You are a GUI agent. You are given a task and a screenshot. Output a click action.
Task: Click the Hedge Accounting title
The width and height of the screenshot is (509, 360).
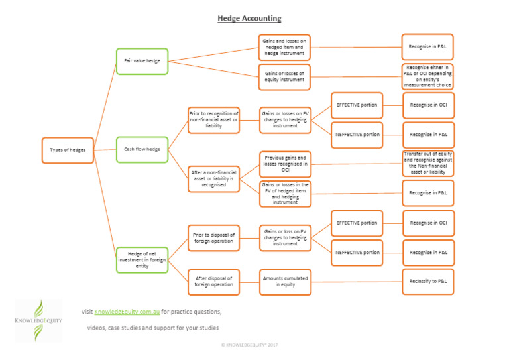pyautogui.click(x=249, y=19)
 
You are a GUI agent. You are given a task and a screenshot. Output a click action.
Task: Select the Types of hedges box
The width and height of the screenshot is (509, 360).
pyautogui.click(x=68, y=150)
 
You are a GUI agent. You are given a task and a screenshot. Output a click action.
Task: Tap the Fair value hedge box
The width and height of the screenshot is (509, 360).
pyautogui.click(x=142, y=61)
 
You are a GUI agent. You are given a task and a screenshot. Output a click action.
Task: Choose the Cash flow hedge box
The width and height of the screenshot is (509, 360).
pyautogui.click(x=142, y=149)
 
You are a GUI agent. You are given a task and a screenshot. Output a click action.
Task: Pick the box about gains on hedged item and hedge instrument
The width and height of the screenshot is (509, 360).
pyautogui.click(x=284, y=47)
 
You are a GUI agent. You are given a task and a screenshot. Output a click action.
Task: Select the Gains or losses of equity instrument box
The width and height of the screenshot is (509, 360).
pyautogui.click(x=284, y=76)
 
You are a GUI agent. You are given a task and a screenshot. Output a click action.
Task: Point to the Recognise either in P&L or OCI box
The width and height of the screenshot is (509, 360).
pyautogui.click(x=428, y=76)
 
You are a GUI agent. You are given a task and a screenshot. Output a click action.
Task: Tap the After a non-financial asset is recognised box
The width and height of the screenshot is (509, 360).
pyautogui.click(x=213, y=178)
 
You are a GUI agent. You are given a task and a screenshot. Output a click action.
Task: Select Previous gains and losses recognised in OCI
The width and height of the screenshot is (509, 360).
pyautogui.click(x=284, y=164)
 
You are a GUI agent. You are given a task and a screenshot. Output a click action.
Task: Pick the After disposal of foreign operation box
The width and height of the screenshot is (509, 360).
pyautogui.click(x=213, y=280)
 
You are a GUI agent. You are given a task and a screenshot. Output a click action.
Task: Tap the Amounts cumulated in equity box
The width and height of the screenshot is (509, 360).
pyautogui.click(x=284, y=280)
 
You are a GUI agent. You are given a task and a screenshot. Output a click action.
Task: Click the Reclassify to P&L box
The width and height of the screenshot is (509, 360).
pyautogui.click(x=428, y=280)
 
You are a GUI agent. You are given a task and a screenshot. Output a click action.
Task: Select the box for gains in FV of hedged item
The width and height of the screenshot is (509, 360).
pyautogui.click(x=284, y=193)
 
